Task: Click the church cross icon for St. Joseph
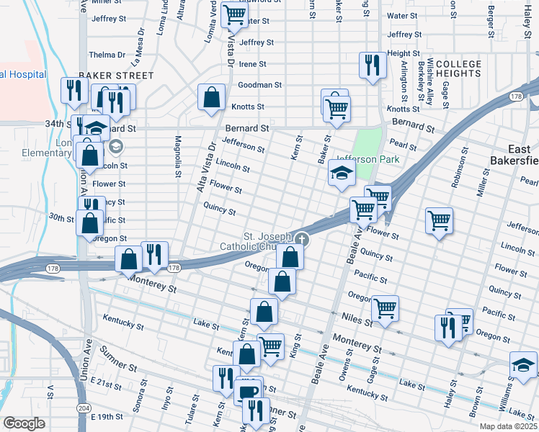302,240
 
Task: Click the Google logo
24,424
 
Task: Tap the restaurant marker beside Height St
370,63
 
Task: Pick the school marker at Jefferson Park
342,173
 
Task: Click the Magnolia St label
177,158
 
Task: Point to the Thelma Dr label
107,55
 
